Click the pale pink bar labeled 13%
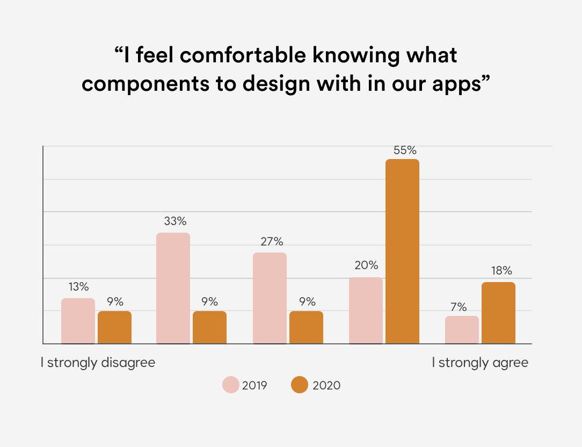(x=78, y=321)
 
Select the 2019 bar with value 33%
(x=173, y=289)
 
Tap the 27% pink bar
(x=270, y=298)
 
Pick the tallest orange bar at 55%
(x=402, y=251)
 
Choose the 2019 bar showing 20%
(x=366, y=311)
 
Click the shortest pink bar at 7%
(x=462, y=330)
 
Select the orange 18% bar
(x=498, y=313)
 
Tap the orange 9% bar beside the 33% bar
(x=209, y=327)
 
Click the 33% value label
(x=175, y=221)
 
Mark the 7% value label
(x=459, y=307)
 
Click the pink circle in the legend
(x=230, y=385)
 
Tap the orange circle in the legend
(x=300, y=385)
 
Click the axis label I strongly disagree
(x=98, y=363)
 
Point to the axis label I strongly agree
(x=480, y=363)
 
